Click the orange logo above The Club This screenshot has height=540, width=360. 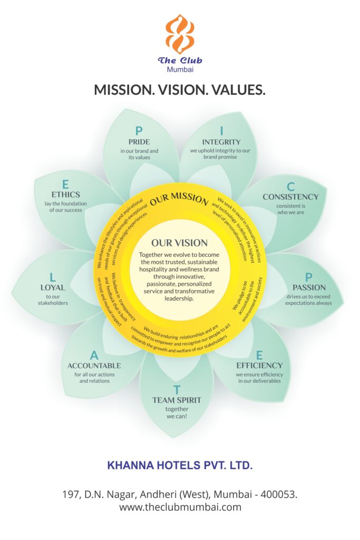[x=180, y=34]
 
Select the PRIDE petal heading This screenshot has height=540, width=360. [x=139, y=142]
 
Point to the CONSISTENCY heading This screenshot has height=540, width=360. [x=290, y=197]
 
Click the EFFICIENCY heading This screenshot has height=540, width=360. [x=259, y=365]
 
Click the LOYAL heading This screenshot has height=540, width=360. [x=53, y=287]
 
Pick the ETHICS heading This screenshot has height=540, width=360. [x=66, y=195]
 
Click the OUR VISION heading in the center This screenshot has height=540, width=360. [x=180, y=243]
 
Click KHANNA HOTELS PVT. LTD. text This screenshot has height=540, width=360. [x=180, y=466]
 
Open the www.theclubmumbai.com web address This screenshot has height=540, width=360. [x=180, y=507]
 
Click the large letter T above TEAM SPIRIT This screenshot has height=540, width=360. [x=177, y=390]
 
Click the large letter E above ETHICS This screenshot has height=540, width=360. [x=66, y=184]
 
